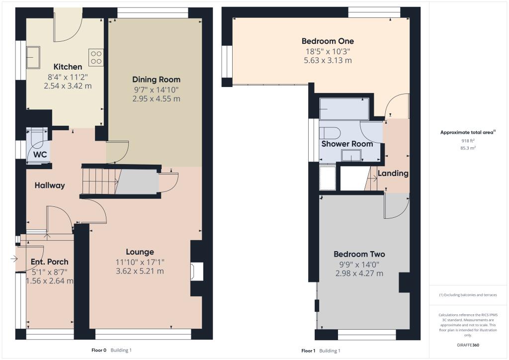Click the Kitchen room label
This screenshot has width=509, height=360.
point(68,67)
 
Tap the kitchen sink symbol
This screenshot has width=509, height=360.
point(33,56)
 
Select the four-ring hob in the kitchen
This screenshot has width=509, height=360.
point(96,57)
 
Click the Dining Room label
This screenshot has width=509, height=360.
point(156,80)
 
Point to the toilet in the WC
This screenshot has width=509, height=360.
point(38,138)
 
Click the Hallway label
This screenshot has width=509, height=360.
point(50,185)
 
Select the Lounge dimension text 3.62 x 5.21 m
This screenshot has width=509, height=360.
point(140,271)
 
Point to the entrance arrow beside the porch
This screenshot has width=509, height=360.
point(12,259)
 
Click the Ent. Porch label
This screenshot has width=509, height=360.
point(50,262)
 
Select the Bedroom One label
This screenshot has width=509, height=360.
point(328,41)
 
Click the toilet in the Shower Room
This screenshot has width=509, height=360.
point(330,132)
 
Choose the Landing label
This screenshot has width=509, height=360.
point(393,174)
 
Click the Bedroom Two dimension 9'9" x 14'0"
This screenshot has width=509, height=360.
point(359,264)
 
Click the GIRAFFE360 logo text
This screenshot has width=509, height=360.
point(468,345)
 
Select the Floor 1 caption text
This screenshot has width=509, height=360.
point(308,351)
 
